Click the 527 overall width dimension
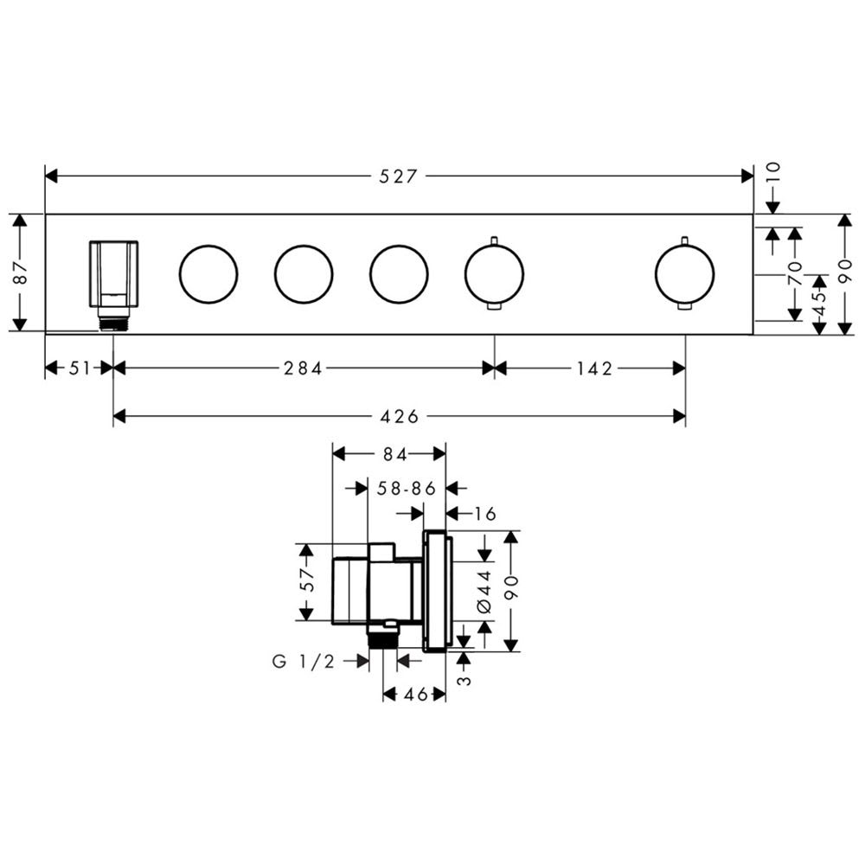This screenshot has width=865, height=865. pyautogui.click(x=398, y=176)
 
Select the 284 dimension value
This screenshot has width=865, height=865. pyautogui.click(x=303, y=368)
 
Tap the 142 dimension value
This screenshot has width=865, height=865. pyautogui.click(x=595, y=368)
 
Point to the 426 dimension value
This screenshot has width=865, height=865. pyautogui.click(x=400, y=416)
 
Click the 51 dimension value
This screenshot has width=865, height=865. pyautogui.click(x=80, y=368)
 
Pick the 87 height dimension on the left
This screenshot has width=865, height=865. pyautogui.click(x=20, y=272)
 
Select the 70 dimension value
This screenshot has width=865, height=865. pyautogui.click(x=795, y=273)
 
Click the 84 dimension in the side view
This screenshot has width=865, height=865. pyautogui.click(x=395, y=454)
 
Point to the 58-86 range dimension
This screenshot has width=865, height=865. pyautogui.click(x=407, y=488)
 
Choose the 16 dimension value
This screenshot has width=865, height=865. pyautogui.click(x=485, y=514)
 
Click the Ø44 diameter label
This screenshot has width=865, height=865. pyautogui.click(x=484, y=592)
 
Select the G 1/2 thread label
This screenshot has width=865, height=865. pyautogui.click(x=304, y=661)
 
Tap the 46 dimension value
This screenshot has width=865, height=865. pyautogui.click(x=415, y=694)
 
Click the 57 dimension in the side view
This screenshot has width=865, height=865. pyautogui.click(x=307, y=580)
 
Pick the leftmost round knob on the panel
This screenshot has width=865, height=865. pyautogui.click(x=208, y=274)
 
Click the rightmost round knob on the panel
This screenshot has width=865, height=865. pyautogui.click(x=684, y=273)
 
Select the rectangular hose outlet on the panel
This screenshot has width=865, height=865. pyautogui.click(x=113, y=273)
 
